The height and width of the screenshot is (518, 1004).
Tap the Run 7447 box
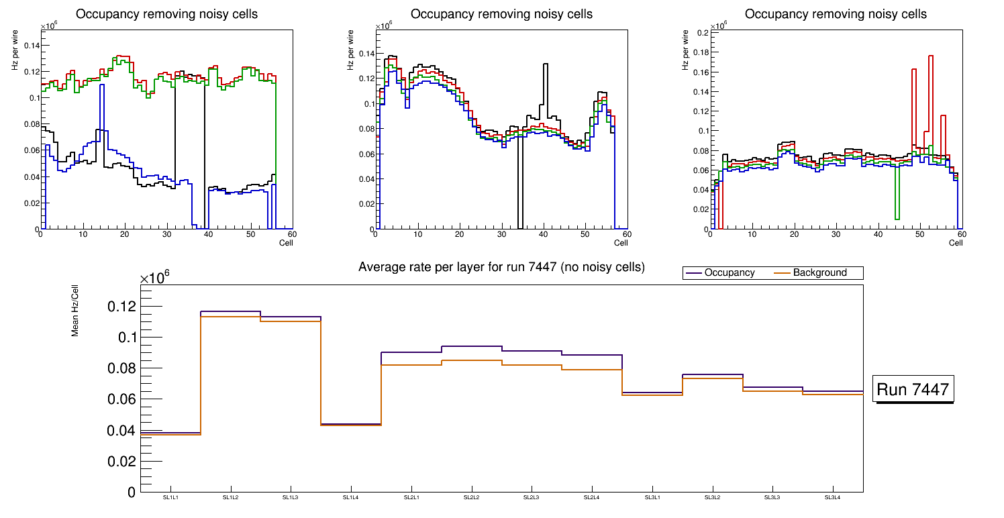point(914,389)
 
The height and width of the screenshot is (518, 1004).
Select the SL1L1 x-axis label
point(170,497)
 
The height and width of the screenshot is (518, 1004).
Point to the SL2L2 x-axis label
point(471,497)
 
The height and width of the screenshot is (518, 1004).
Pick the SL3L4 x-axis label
point(832,497)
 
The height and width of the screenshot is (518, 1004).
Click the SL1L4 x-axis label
point(351,497)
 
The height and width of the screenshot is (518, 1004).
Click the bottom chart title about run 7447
point(501,267)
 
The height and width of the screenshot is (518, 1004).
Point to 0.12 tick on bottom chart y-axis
point(121,307)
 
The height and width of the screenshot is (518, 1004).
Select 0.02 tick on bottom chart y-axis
point(121,462)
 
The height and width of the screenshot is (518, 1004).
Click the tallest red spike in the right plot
point(931,56)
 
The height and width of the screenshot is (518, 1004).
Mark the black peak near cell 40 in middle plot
point(546,64)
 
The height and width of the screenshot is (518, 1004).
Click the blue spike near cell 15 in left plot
point(101,85)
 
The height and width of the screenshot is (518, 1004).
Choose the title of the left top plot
point(167,14)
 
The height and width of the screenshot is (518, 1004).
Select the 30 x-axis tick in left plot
point(166,234)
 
